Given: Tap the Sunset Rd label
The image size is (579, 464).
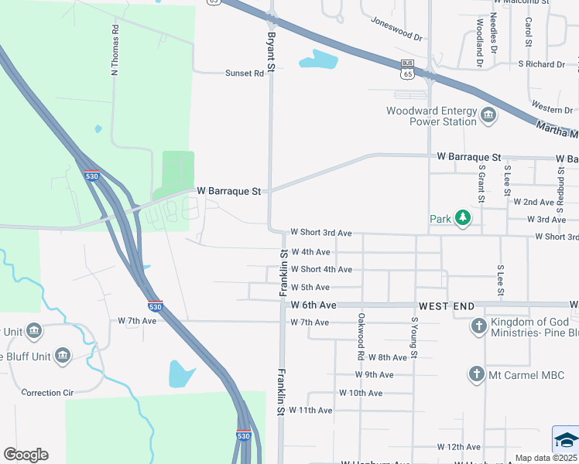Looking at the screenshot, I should [x=245, y=73].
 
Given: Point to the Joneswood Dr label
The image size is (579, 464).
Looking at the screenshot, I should [x=396, y=29].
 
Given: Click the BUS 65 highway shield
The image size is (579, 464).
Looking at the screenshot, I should [x=408, y=70].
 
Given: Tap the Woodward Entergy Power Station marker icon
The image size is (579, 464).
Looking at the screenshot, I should [x=488, y=116].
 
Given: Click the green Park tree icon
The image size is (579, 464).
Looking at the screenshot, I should [x=462, y=219].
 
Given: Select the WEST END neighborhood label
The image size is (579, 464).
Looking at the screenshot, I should [x=446, y=306].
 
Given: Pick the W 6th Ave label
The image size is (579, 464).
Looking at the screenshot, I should [x=313, y=305].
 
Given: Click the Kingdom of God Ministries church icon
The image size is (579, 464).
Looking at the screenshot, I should [x=479, y=326].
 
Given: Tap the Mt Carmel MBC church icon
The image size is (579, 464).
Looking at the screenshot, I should [x=477, y=376].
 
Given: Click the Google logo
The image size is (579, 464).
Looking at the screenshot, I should [x=26, y=455].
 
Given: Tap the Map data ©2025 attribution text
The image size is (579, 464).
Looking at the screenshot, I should [x=546, y=458].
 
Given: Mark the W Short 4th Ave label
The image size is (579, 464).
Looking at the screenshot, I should [x=321, y=269].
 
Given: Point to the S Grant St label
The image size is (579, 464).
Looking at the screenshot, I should [x=481, y=183].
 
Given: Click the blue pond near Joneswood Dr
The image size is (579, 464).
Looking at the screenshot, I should [x=317, y=59].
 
